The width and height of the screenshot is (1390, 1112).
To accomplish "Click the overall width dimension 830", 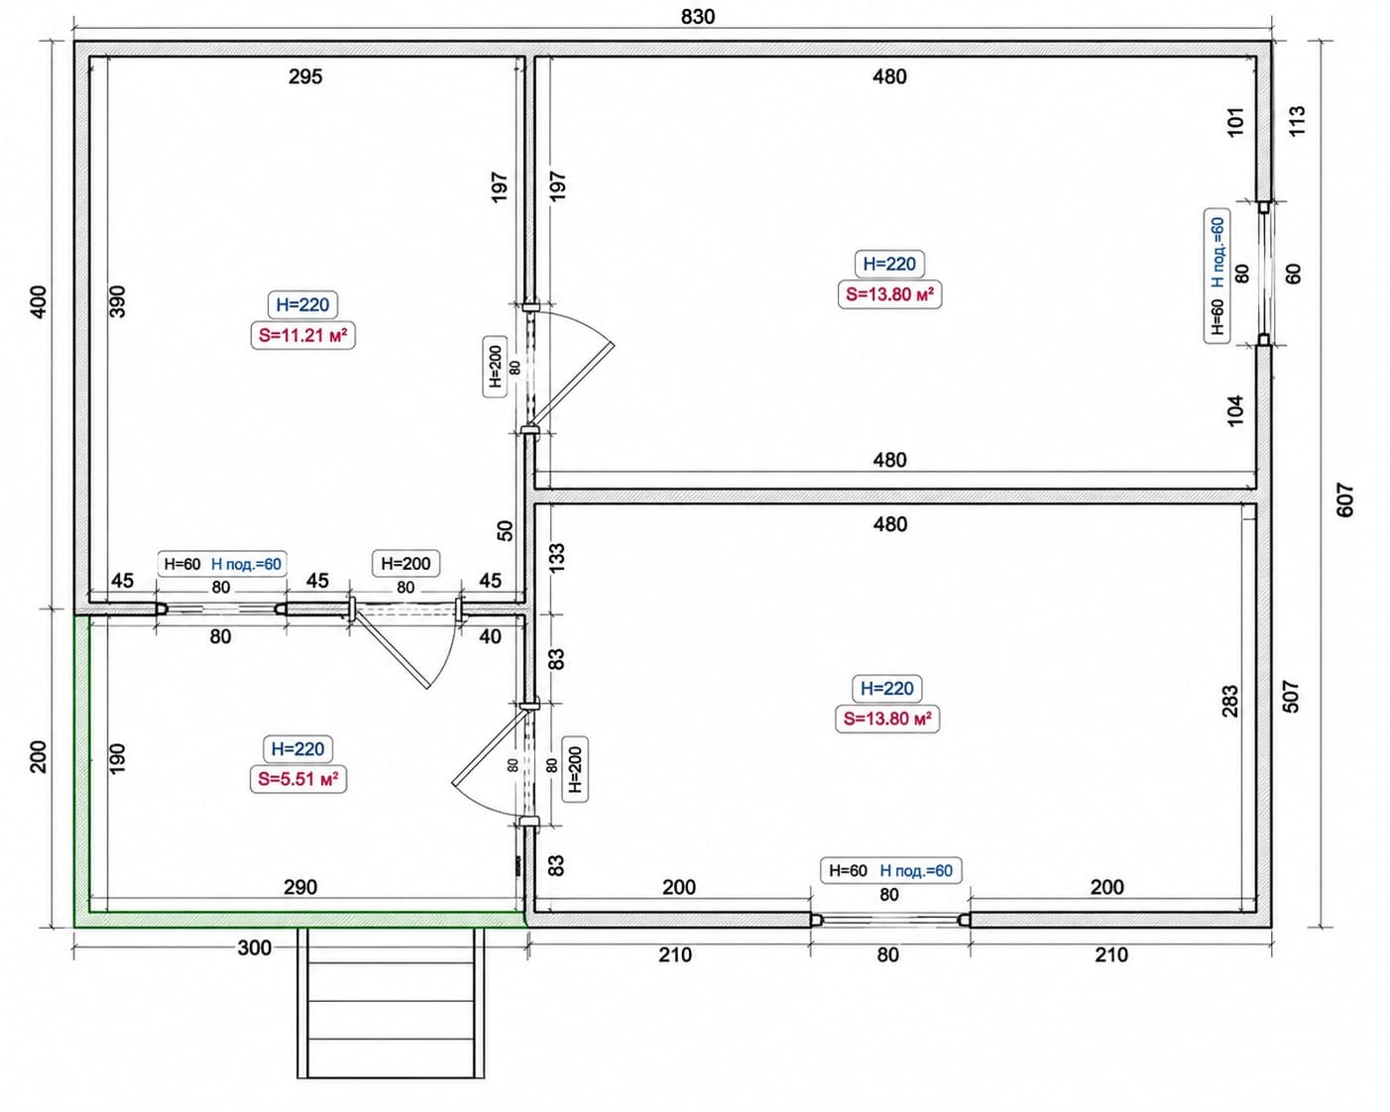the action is pyautogui.click(x=698, y=16).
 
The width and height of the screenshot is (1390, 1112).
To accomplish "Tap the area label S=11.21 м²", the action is pyautogui.click(x=303, y=335).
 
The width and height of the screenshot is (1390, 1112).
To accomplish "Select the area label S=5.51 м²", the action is pyautogui.click(x=298, y=779).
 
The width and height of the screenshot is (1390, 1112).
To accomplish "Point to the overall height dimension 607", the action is pyautogui.click(x=1344, y=500).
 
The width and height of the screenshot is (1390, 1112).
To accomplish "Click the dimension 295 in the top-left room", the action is pyautogui.click(x=305, y=77).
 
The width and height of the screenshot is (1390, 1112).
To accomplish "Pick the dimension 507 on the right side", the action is pyautogui.click(x=1291, y=696).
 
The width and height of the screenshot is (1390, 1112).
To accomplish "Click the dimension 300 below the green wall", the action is pyautogui.click(x=255, y=948).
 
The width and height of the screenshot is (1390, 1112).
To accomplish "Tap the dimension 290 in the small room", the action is pyautogui.click(x=300, y=887).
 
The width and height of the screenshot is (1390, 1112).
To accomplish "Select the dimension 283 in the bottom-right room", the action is pyautogui.click(x=1230, y=702).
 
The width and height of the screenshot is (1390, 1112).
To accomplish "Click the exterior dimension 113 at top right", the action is pyautogui.click(x=1297, y=121).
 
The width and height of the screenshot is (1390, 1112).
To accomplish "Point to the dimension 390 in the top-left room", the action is pyautogui.click(x=118, y=301).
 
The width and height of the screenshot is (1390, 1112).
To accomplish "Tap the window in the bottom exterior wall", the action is pyautogui.click(x=890, y=920).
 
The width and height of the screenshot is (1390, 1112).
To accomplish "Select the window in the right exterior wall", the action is pyautogui.click(x=1264, y=274).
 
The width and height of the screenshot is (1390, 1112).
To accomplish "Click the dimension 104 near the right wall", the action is pyautogui.click(x=1234, y=410).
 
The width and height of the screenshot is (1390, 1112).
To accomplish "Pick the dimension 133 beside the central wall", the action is pyautogui.click(x=556, y=557).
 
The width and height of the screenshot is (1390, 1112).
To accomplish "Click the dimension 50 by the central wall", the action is pyautogui.click(x=506, y=531).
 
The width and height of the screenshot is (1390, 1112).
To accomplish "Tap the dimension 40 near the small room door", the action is pyautogui.click(x=490, y=636).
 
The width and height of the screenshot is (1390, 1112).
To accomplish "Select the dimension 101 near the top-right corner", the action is pyautogui.click(x=1234, y=122).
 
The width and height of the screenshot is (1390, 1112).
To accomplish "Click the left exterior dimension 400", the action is pyautogui.click(x=39, y=301).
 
